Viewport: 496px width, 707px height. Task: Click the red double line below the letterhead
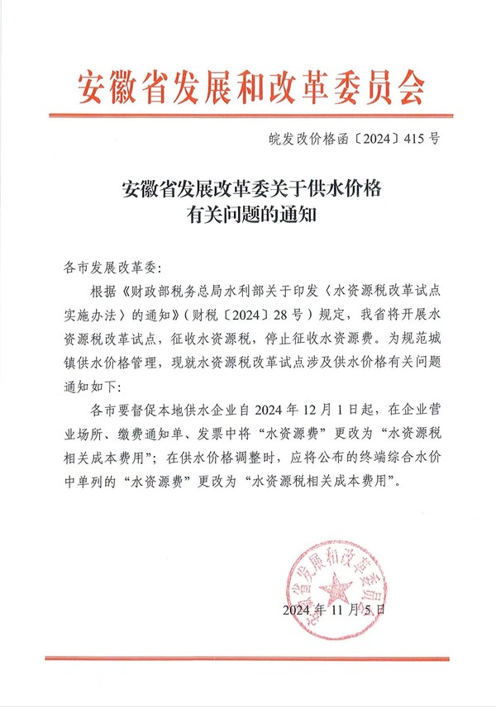tap(249, 115)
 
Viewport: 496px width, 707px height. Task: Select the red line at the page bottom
tap(249, 658)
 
